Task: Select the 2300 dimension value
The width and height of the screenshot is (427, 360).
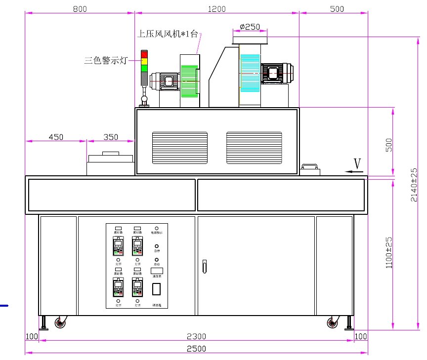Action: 196,337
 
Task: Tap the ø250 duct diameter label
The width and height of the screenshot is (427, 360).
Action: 250,27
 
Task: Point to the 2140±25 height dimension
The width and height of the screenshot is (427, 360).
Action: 414,184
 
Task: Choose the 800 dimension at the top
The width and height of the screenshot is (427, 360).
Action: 82,9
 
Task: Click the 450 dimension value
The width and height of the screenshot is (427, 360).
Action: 56,137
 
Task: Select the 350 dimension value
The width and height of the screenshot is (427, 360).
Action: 110,137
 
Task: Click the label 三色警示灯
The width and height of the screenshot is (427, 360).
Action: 106,61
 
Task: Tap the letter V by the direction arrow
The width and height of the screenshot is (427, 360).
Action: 357,163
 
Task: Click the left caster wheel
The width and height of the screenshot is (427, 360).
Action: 60,323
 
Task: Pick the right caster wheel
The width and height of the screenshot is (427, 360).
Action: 332,323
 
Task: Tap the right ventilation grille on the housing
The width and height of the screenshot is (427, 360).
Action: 254,148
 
